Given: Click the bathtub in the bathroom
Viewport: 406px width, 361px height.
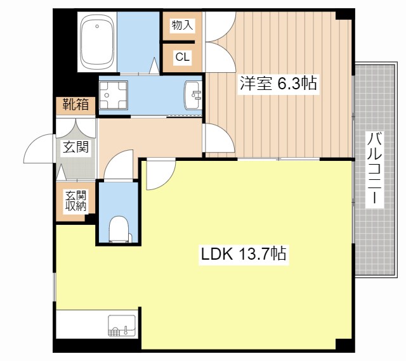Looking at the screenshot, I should point(97,42).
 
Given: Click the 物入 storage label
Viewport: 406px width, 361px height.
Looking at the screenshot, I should point(182,25).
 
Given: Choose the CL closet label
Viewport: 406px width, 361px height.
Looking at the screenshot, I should point(182,58).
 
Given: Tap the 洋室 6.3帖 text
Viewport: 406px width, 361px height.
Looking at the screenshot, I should point(277,83).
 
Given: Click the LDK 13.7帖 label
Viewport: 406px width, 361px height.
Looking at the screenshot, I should point(244,255).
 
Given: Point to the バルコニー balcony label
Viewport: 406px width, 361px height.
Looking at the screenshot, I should point(375,168).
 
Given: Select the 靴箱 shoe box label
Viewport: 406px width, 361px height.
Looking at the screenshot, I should point(75,105).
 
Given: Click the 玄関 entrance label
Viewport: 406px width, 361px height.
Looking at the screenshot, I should point(75,148).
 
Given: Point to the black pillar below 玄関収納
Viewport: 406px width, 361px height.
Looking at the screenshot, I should point(91,219).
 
